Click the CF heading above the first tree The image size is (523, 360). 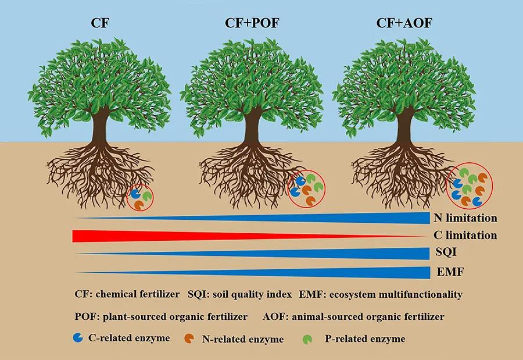click(x=100, y=23)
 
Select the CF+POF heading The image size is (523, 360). click(x=252, y=23)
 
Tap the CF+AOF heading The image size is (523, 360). click(x=404, y=23)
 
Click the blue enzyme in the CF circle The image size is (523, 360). click(x=135, y=194)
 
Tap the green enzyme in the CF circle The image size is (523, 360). click(x=147, y=195)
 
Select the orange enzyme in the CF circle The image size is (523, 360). click(x=139, y=204)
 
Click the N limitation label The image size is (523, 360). click(x=465, y=218)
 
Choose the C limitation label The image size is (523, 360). click(x=465, y=235)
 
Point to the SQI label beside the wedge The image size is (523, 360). click(x=446, y=252)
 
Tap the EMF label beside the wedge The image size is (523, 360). click(x=450, y=272)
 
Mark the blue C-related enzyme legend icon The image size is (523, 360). click(x=78, y=338)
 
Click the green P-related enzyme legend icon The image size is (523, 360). click(x=307, y=339)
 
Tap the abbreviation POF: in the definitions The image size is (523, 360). click(x=87, y=316)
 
